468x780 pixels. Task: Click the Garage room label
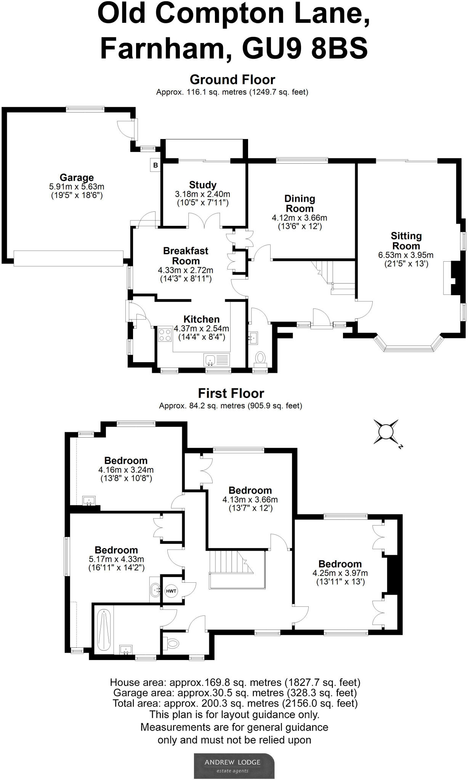point(77,177)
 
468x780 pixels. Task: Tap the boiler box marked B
point(155,165)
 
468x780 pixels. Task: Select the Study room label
point(203,185)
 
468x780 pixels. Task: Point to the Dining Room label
point(300,203)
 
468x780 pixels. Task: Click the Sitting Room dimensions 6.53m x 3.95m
point(406,255)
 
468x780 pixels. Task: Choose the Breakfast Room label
point(186,256)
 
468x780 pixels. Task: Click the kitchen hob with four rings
point(165,335)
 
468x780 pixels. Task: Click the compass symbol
point(386,432)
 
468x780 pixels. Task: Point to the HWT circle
point(171,591)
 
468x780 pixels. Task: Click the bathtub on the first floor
point(103,630)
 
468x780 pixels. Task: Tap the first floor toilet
point(172,644)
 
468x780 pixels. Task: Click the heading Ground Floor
point(232,80)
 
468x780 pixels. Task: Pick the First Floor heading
point(231,393)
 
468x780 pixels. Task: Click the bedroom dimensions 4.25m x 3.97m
point(340,573)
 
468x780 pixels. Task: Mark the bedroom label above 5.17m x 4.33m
point(116,550)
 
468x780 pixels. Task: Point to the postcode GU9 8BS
point(305,48)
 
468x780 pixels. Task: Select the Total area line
point(235,703)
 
